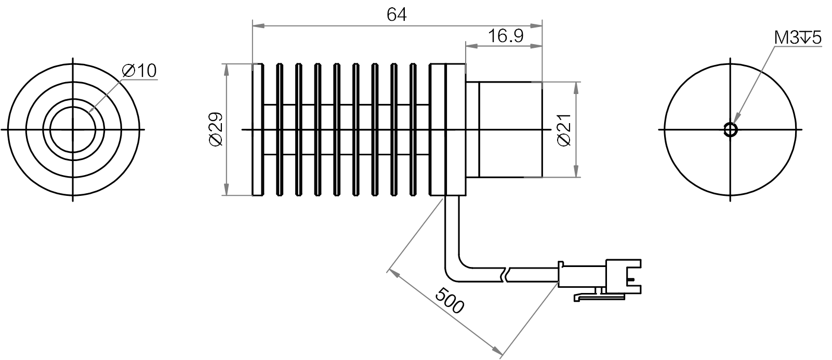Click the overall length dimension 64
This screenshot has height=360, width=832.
pyautogui.click(x=397, y=14)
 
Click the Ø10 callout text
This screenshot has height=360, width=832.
pyautogui.click(x=139, y=71)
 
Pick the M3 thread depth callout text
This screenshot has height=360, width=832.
pyautogui.click(x=797, y=38)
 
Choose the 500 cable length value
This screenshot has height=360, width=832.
pyautogui.click(x=448, y=300)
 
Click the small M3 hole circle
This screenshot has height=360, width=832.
pyautogui.click(x=730, y=129)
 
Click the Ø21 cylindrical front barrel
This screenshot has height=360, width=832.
pyautogui.click(x=510, y=129)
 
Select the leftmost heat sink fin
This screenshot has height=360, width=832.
pyautogui.click(x=257, y=129)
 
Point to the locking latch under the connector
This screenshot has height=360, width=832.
pyautogui.click(x=598, y=297)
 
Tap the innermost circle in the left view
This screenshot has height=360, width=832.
pyautogui.click(x=73, y=129)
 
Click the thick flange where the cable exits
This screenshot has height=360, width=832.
pyautogui.click(x=447, y=129)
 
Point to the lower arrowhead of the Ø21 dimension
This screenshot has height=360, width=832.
pyautogui.click(x=575, y=173)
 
